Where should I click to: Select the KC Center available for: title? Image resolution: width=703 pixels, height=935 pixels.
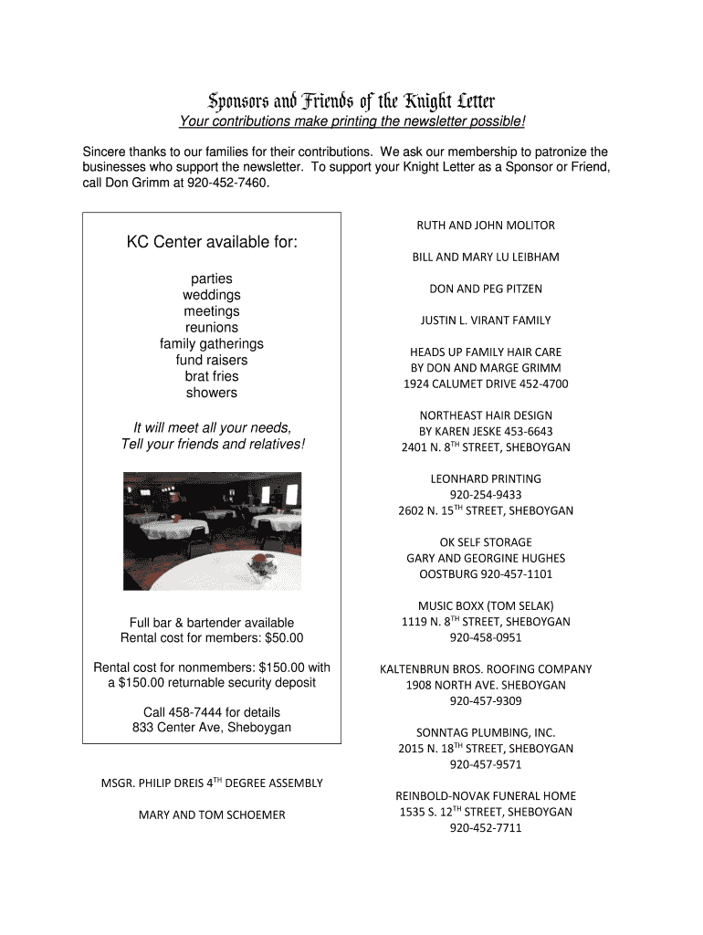pyautogui.click(x=212, y=243)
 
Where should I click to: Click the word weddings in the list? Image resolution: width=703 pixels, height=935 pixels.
pyautogui.click(x=212, y=295)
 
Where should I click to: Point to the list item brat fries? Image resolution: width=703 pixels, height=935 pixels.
pyautogui.click(x=212, y=376)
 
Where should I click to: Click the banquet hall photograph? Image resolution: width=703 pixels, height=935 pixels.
pyautogui.click(x=212, y=531)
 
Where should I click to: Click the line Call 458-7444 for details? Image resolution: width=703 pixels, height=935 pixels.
pyautogui.click(x=212, y=711)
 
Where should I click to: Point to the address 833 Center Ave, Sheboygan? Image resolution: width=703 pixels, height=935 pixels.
pyautogui.click(x=212, y=727)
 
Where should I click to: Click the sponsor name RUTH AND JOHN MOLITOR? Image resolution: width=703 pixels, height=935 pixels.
pyautogui.click(x=486, y=226)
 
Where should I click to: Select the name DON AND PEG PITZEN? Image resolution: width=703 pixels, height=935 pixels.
pyautogui.click(x=486, y=289)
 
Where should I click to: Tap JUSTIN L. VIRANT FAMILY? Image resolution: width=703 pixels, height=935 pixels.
pyautogui.click(x=486, y=320)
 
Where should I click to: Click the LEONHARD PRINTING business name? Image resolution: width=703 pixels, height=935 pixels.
pyautogui.click(x=486, y=478)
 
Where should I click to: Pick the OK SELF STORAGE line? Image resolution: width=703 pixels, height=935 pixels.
pyautogui.click(x=486, y=542)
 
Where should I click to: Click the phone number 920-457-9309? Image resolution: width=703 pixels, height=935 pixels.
pyautogui.click(x=486, y=700)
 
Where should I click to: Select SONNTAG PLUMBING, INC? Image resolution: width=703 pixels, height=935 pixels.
pyautogui.click(x=486, y=732)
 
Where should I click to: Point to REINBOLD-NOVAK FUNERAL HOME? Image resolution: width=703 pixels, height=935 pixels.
pyautogui.click(x=486, y=796)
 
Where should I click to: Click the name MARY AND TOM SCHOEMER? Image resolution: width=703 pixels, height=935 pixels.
pyautogui.click(x=212, y=814)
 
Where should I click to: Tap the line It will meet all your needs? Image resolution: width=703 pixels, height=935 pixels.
pyautogui.click(x=212, y=427)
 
